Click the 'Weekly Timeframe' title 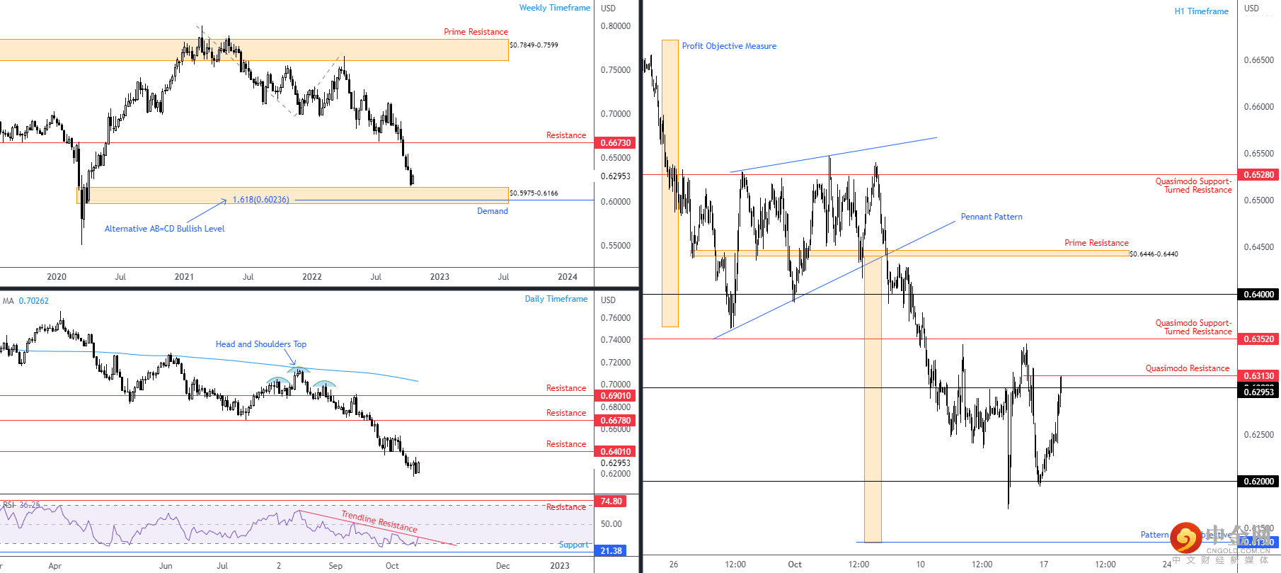tap(554, 8)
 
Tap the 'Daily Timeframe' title tap(556, 299)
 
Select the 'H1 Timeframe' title tap(1201, 11)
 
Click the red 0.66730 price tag tap(615, 143)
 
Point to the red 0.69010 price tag tap(615, 396)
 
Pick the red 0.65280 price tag tap(1258, 175)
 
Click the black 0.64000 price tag tap(1258, 295)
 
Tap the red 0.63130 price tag tap(1258, 376)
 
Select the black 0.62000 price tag tap(1258, 482)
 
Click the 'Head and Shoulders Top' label tap(260, 344)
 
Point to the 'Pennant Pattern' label tap(991, 217)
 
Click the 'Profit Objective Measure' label tap(729, 46)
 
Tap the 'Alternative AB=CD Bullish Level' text tap(164, 229)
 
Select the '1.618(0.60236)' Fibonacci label tap(260, 200)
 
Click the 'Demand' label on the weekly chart tap(492, 211)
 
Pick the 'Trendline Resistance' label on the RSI tap(379, 521)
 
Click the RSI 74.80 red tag tap(611, 501)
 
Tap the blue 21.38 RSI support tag tap(611, 551)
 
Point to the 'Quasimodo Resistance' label tap(1187, 368)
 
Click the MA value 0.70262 tap(34, 301)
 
